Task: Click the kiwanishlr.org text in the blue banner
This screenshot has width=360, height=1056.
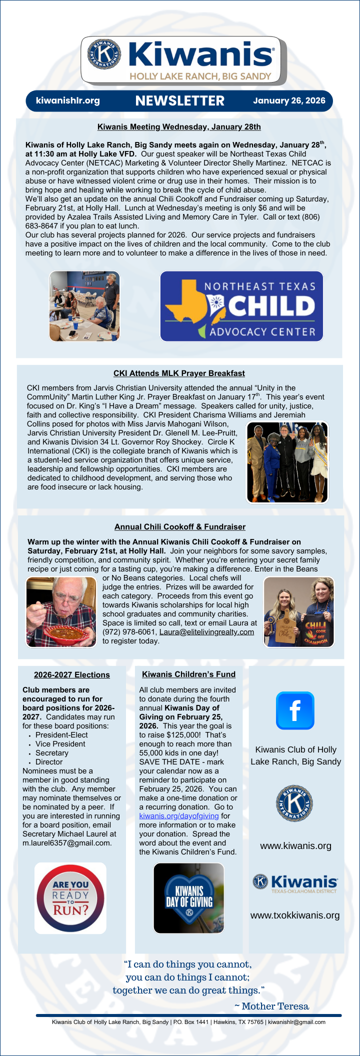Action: click(x=67, y=100)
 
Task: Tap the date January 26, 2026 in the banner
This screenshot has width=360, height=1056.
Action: click(x=289, y=100)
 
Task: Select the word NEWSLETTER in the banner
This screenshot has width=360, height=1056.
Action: click(x=179, y=101)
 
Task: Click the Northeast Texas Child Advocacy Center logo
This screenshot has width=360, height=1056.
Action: click(x=241, y=306)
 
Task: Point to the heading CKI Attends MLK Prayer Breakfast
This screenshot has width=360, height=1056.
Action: click(x=179, y=373)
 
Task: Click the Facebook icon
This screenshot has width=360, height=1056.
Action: click(x=295, y=710)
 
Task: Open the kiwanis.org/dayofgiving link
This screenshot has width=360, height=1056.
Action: click(x=178, y=816)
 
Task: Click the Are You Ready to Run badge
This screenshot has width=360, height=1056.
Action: click(x=70, y=898)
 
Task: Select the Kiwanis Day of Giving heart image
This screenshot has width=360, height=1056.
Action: click(x=189, y=898)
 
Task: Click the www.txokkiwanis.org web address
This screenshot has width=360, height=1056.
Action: click(x=295, y=915)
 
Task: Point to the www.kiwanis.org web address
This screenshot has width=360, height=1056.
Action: click(x=295, y=846)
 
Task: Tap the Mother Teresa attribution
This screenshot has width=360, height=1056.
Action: click(x=271, y=1006)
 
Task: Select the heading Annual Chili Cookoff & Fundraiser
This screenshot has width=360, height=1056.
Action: click(x=180, y=526)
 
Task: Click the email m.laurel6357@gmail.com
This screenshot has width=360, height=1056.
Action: click(x=67, y=843)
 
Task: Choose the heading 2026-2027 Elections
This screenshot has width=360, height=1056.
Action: click(x=71, y=674)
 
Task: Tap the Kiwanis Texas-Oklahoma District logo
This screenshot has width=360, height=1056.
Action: click(x=295, y=883)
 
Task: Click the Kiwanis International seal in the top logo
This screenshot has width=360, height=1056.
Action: click(x=104, y=53)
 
